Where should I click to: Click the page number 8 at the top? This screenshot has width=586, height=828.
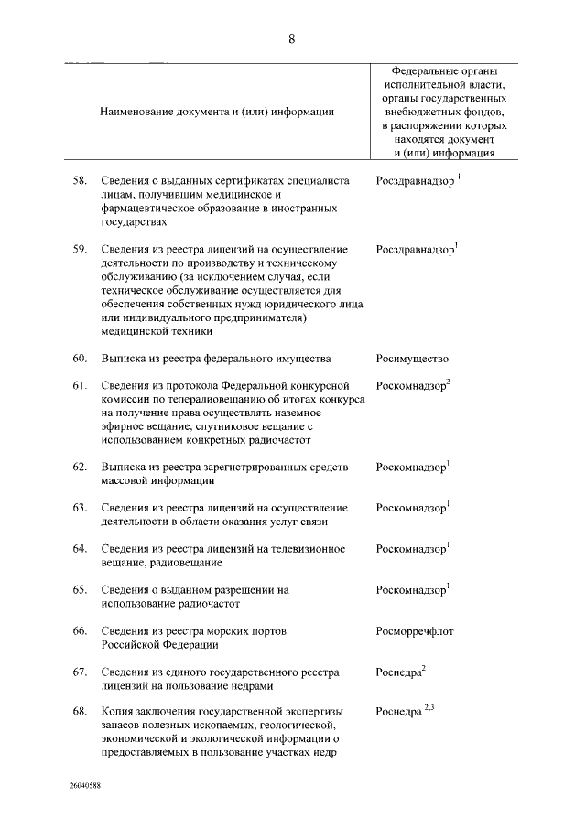[291, 38]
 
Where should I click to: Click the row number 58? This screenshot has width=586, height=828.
[80, 181]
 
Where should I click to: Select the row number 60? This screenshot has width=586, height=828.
[80, 358]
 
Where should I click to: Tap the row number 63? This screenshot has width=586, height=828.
[80, 507]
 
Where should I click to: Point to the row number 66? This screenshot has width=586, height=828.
[80, 631]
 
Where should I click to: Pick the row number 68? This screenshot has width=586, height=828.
[80, 711]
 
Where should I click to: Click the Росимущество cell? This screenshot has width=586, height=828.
[412, 359]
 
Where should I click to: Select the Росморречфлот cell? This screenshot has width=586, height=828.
[415, 631]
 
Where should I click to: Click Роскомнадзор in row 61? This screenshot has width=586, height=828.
[410, 386]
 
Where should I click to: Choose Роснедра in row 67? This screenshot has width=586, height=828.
[398, 672]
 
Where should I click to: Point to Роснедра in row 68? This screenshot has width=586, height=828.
[398, 712]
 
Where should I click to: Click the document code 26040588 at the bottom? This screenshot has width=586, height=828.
[83, 786]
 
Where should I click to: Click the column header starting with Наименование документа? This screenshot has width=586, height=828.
[217, 111]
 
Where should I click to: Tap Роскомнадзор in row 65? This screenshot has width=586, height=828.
[410, 590]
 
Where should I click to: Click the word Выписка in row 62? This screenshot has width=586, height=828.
[124, 467]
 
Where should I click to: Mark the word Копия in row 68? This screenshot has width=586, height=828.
[119, 711]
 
